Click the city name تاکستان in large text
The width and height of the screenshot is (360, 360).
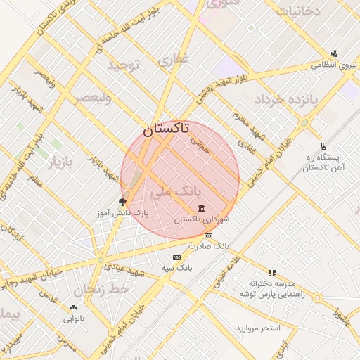point(166,129)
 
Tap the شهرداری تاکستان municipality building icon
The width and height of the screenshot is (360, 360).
point(202,208)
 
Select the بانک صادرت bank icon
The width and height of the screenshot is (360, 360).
point(208,236)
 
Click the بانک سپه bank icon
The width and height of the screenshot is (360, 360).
point(176,258)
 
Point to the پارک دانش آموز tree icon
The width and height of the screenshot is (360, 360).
point(123,201)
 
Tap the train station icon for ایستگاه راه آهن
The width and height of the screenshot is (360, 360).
point(323,147)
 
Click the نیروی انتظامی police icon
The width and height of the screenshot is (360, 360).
point(334,53)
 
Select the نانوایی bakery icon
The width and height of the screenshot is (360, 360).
point(74,307)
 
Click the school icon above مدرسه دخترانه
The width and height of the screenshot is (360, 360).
point(272,272)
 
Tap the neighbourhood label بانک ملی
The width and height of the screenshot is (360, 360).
point(181,191)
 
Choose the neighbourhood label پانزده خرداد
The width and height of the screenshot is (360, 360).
point(288,99)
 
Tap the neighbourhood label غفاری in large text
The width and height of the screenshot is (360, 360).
point(174,62)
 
